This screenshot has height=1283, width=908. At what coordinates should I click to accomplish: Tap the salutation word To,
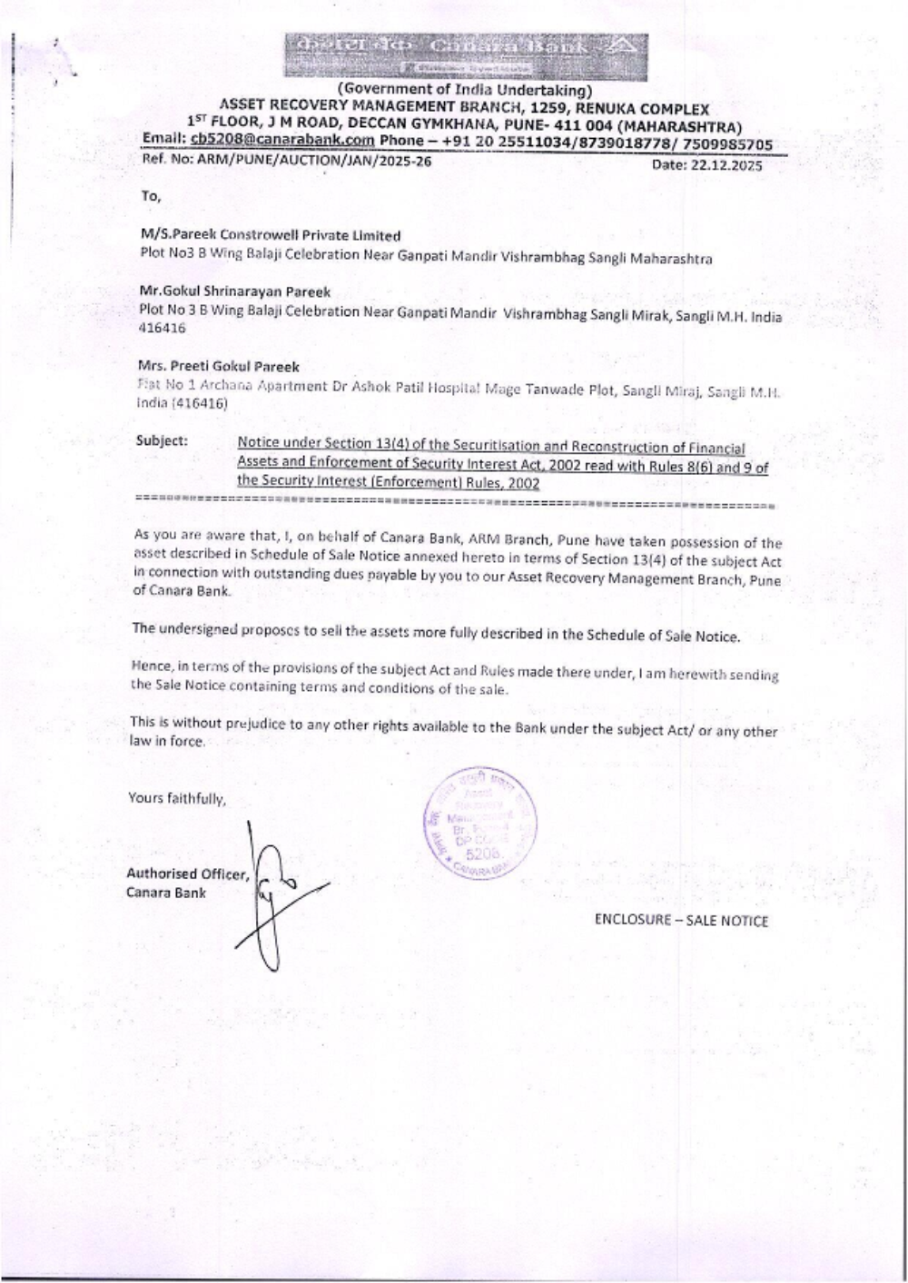(150, 195)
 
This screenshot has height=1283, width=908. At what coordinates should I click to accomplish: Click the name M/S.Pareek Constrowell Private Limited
(271, 235)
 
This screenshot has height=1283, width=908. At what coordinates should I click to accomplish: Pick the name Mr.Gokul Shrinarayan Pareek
(235, 291)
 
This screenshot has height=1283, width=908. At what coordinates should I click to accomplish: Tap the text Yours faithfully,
(176, 799)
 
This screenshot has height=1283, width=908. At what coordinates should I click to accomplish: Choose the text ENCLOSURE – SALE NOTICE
(681, 921)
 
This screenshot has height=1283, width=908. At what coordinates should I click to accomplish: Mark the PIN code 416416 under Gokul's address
(162, 330)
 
